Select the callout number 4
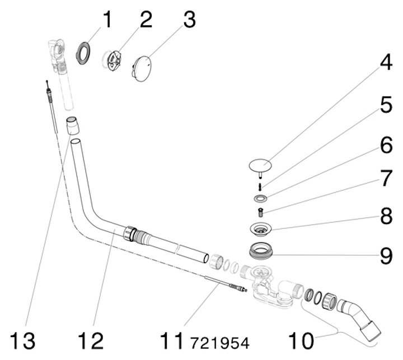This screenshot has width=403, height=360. (x=386, y=64)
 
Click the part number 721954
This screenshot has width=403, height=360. (x=219, y=341)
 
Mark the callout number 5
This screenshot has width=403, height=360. (x=386, y=105)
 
